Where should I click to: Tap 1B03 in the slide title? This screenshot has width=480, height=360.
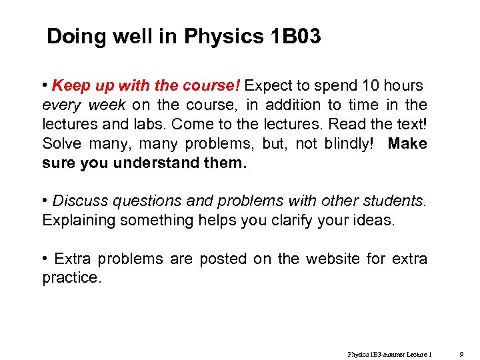(x=296, y=37)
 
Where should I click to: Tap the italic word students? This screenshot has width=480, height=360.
(x=394, y=201)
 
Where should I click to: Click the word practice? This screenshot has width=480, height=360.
(x=71, y=278)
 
